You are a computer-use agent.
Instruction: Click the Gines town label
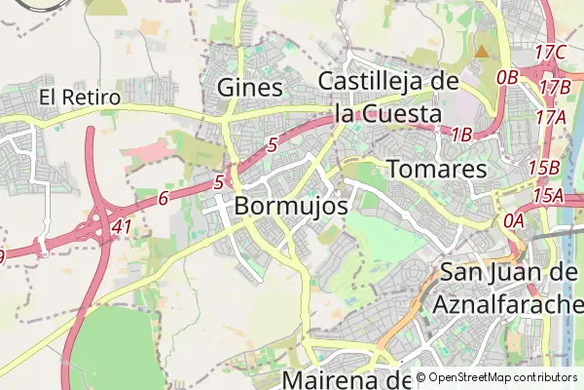(x=251, y=88)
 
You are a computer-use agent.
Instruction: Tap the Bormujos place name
(x=291, y=207)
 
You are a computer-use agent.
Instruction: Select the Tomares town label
(x=436, y=169)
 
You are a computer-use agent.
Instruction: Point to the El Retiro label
(x=80, y=97)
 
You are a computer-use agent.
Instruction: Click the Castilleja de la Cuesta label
(x=387, y=97)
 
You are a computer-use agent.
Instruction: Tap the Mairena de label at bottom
(x=347, y=379)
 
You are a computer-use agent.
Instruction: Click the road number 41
(x=122, y=225)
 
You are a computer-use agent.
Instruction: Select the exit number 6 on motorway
(x=163, y=198)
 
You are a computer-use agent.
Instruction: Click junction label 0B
(x=507, y=77)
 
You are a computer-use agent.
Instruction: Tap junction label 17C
(x=551, y=52)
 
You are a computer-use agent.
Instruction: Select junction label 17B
(x=554, y=87)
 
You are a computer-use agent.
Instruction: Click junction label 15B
(x=543, y=167)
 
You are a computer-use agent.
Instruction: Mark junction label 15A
(x=547, y=196)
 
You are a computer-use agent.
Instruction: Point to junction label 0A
(x=513, y=220)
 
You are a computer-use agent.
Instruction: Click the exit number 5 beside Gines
(x=273, y=145)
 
